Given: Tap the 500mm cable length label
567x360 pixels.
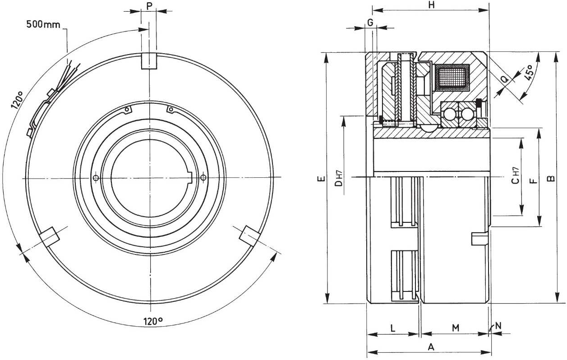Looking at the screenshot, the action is [x=43, y=24].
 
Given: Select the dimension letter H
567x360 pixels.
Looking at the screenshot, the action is [x=432, y=5].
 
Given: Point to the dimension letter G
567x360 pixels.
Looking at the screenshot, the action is [x=370, y=23].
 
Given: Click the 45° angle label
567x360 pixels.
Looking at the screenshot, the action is [x=529, y=72].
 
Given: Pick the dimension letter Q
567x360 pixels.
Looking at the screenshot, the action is [x=505, y=79].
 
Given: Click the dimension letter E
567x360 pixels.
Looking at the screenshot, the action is [x=321, y=179].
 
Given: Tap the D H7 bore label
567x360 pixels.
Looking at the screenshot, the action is [x=338, y=179].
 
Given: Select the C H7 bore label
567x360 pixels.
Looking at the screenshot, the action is [x=516, y=175].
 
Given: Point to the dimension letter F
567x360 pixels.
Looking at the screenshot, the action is [x=533, y=180].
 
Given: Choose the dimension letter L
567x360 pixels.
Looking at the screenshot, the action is [x=392, y=328].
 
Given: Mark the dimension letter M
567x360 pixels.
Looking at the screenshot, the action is [x=456, y=328].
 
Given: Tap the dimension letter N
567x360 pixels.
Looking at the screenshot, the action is [x=498, y=326].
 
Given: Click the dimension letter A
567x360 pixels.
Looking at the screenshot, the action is [x=431, y=347].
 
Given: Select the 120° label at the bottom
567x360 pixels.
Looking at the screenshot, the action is [x=153, y=321].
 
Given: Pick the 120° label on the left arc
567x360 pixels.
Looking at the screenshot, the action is [x=17, y=100].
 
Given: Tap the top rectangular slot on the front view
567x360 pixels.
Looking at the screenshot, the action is [x=149, y=61].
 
